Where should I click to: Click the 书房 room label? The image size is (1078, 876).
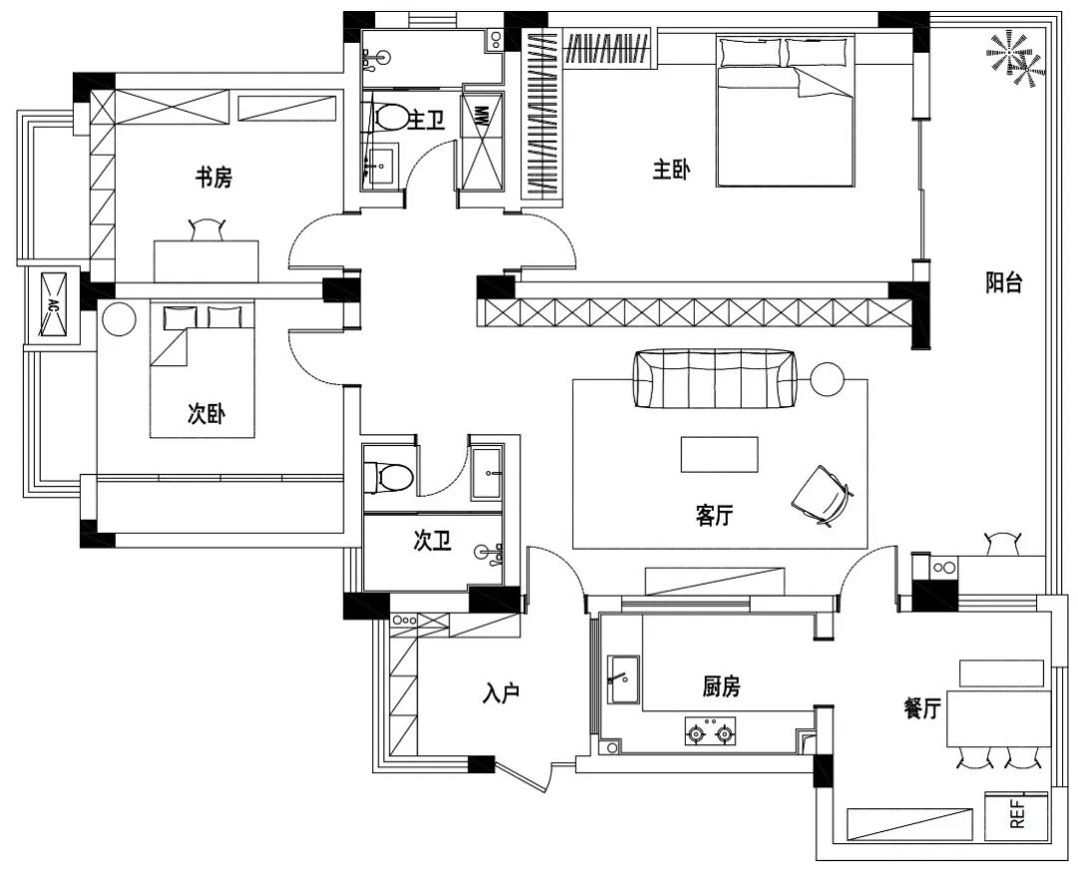point(214,178)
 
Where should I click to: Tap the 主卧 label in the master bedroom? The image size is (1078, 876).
point(672,170)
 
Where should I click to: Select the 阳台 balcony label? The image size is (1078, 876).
point(1004,282)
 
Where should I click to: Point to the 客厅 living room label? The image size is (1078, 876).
point(715,515)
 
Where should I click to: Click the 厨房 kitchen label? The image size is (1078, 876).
point(722,685)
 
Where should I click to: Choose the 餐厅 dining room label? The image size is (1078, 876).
point(922,708)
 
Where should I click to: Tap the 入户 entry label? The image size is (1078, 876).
point(500,694)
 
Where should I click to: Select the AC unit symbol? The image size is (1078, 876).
point(53,304)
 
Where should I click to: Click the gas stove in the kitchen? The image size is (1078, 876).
point(710,731)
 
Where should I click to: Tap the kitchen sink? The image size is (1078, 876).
point(623,678)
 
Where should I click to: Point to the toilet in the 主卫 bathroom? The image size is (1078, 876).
point(389,117)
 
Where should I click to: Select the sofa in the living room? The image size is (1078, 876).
point(715,378)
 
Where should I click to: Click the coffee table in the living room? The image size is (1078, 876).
point(720,454)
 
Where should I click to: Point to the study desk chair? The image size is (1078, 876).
point(207,229)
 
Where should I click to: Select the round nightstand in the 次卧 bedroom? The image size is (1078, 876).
point(120,319)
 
